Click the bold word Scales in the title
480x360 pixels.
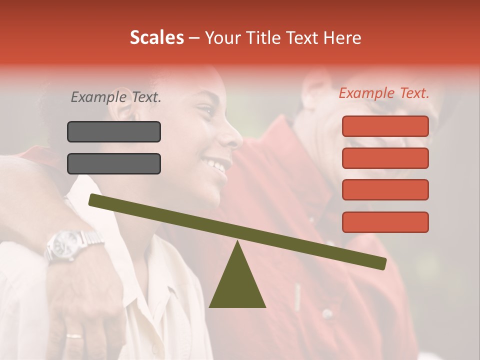[x=156, y=37]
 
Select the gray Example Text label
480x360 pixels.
[x=116, y=97]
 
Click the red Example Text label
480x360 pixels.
[x=384, y=93]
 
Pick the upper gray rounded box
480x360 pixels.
[x=114, y=132]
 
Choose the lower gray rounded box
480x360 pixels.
[x=114, y=163]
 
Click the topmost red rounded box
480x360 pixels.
[x=385, y=126]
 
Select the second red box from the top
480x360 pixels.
[x=385, y=158]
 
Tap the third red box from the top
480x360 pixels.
[x=385, y=190]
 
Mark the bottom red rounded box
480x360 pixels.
[x=385, y=222]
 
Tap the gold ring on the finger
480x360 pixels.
[x=74, y=336]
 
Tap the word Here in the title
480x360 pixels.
[x=342, y=37]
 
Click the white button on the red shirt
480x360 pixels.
[x=327, y=314]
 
